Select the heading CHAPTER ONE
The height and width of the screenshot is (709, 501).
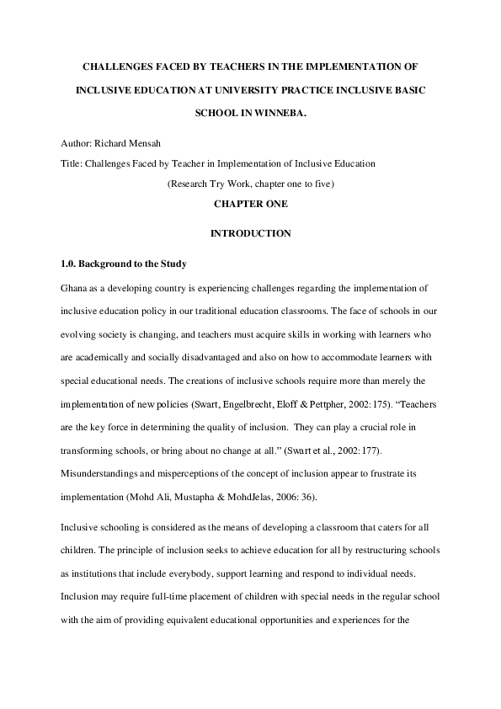tap(251, 205)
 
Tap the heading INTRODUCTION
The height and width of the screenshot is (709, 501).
tap(251, 233)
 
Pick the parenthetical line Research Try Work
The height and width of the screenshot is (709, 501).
tap(251, 184)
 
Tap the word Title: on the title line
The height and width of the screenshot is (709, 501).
tap(72, 163)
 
